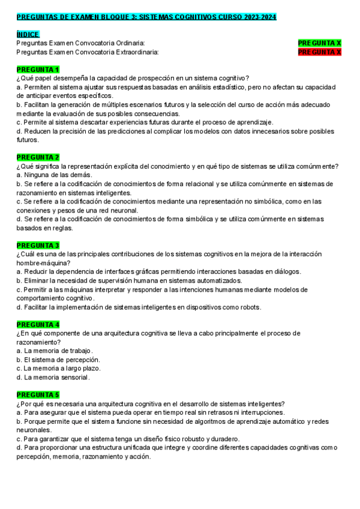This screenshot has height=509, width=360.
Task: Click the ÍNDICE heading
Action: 28,35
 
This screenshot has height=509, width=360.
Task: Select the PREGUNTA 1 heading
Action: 38,70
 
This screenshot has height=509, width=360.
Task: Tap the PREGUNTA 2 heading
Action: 38,157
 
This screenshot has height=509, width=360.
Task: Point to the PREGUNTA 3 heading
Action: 38,245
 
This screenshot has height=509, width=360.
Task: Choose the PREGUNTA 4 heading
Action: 38,324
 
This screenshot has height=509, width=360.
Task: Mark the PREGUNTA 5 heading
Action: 38,395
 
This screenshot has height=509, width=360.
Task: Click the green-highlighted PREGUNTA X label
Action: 319,43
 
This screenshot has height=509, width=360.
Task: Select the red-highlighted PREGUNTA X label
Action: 319,52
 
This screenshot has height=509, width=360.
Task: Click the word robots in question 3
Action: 248,307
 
